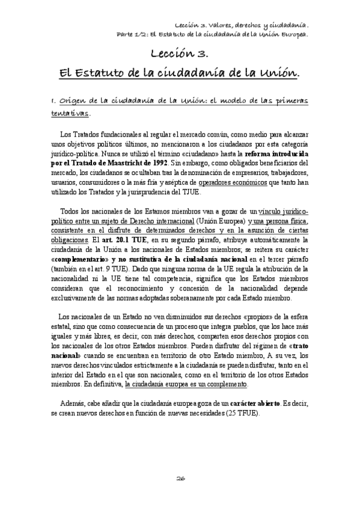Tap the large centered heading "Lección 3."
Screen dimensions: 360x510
pos(180,54)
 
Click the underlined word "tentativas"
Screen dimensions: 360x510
pos(70,113)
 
